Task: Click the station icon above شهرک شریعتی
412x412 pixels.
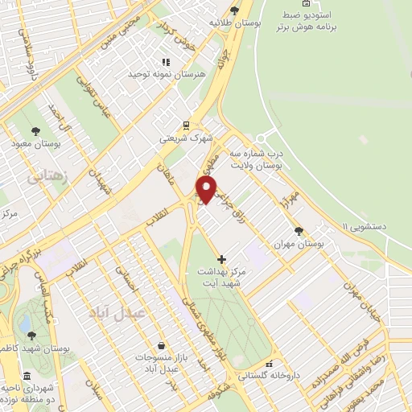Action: click(x=186, y=126)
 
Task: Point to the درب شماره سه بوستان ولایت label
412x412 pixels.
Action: click(x=256, y=158)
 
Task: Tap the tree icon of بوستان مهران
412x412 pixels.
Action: click(x=299, y=230)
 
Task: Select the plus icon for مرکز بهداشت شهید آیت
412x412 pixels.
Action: click(x=222, y=258)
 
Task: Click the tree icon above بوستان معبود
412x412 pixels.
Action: click(x=34, y=130)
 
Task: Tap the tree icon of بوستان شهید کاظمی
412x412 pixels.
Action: click(x=31, y=336)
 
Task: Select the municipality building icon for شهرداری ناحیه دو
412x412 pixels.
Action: click(x=27, y=376)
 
